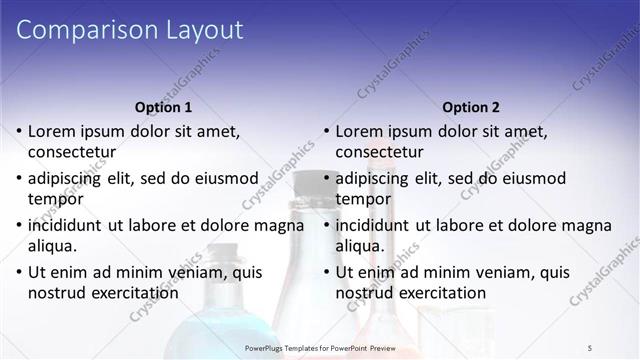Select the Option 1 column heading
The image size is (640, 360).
163,107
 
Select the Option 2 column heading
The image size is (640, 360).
471,107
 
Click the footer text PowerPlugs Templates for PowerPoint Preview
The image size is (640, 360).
319,347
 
